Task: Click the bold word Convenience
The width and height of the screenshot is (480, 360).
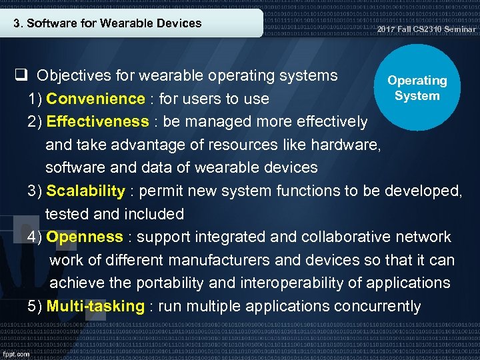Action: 95,99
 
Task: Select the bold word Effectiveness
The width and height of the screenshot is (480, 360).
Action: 97,122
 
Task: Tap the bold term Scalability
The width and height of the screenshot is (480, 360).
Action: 85,191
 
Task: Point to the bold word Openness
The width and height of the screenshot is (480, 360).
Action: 85,237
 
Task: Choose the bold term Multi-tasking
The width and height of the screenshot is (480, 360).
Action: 95,307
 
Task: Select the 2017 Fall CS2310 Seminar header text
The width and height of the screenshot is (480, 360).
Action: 426,29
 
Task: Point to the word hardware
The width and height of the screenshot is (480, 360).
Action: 351,145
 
